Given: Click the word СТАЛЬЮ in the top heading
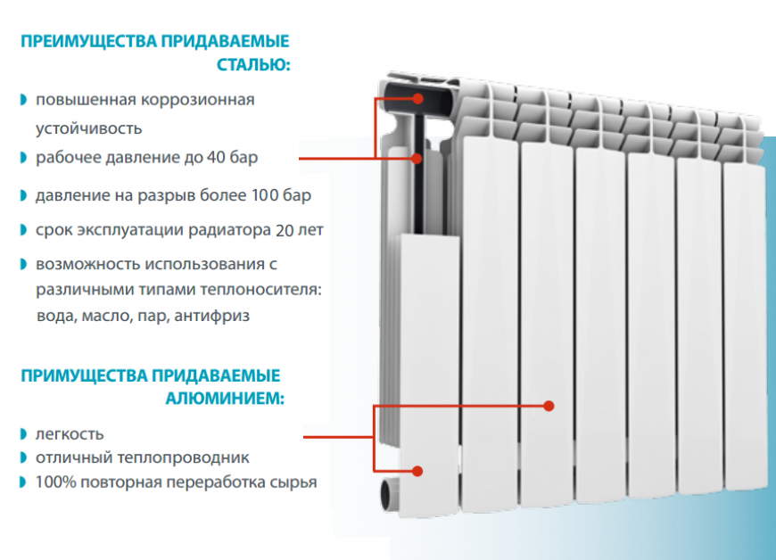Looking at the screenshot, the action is (x=253, y=65).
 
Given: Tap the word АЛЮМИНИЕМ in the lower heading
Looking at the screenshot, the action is (x=225, y=399).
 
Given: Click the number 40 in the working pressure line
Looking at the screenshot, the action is (x=216, y=157).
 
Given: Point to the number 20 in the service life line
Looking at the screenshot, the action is (x=285, y=230).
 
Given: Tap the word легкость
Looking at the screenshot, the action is (x=70, y=434).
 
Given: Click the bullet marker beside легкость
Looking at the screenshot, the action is (x=23, y=434).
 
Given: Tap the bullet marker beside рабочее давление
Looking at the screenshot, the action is (x=23, y=157).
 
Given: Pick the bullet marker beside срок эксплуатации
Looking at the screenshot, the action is (x=23, y=230).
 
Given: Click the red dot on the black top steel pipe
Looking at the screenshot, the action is (x=418, y=98).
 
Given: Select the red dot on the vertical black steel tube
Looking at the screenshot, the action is (x=417, y=159).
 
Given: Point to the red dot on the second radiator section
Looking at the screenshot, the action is (x=549, y=406).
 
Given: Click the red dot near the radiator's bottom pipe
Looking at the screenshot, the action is (x=417, y=471).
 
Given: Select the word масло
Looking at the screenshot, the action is (x=107, y=316).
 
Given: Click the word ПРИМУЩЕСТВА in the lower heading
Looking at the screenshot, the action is (x=84, y=375).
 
